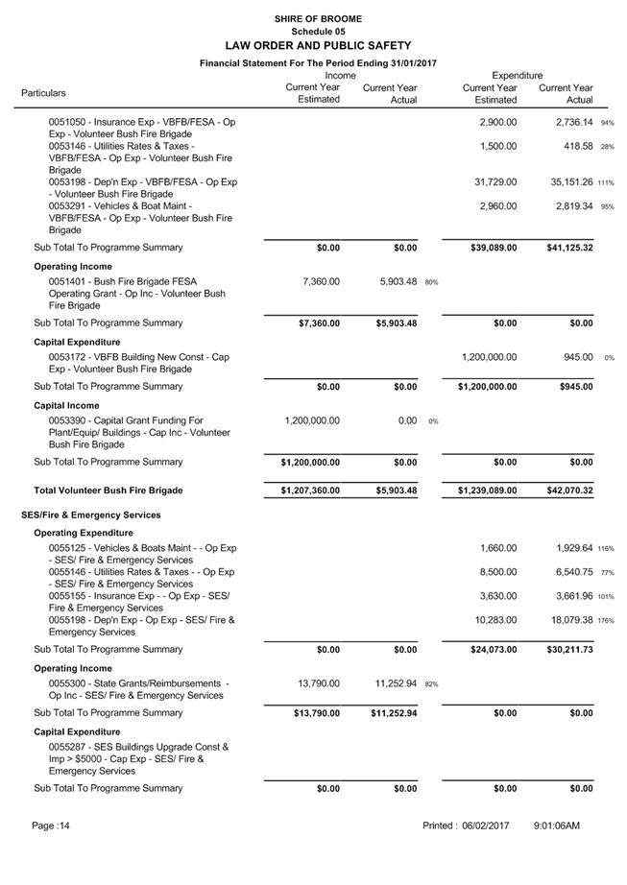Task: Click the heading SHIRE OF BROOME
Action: click(x=317, y=18)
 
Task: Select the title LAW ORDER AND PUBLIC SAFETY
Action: click(x=317, y=45)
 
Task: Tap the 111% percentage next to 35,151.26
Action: click(x=606, y=182)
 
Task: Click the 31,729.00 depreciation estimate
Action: click(x=495, y=182)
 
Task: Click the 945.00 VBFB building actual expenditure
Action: click(x=577, y=357)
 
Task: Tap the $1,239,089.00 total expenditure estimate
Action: click(x=489, y=490)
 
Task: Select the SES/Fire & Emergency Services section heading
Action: click(x=91, y=515)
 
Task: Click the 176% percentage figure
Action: click(x=606, y=621)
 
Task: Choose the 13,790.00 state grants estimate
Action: click(x=316, y=683)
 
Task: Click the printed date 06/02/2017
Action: click(x=485, y=826)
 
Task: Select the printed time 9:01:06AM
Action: click(x=557, y=826)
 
